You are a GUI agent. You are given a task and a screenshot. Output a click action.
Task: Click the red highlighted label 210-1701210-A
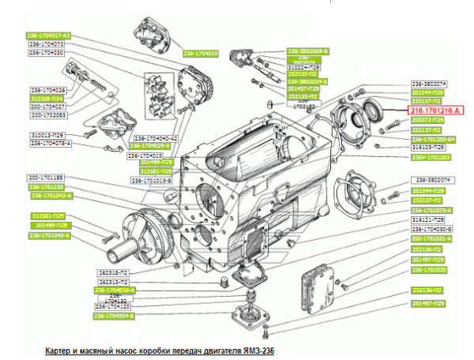[435, 111]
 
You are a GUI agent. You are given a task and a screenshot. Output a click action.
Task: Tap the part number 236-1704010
[201, 54]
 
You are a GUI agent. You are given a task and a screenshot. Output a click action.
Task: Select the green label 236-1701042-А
[51, 195]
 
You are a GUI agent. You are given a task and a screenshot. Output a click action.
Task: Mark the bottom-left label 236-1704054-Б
[115, 316]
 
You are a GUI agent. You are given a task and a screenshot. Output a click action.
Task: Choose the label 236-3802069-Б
[307, 51]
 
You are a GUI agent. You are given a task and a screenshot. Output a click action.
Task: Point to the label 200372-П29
[429, 120]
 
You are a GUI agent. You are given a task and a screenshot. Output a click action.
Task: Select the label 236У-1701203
[431, 157]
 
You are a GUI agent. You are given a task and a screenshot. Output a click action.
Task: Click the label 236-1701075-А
[431, 210]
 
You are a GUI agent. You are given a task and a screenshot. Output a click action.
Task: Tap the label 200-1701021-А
[431, 238]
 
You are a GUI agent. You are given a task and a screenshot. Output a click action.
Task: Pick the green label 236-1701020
[429, 269]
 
